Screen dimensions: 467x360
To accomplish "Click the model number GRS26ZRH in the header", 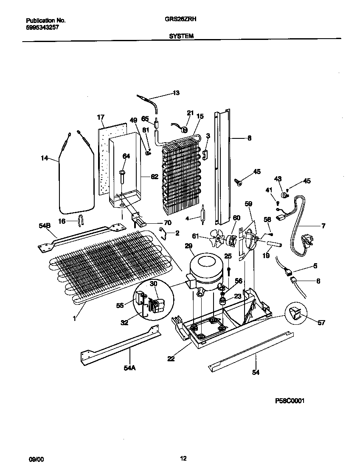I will pyautogui.click(x=180, y=19).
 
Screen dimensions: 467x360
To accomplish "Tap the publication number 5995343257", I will pyautogui.click(x=42, y=27).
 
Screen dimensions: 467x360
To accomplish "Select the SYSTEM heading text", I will pyautogui.click(x=181, y=37).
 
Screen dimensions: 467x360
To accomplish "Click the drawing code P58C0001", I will pyautogui.click(x=290, y=400).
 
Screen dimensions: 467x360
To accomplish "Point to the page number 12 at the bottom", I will pyautogui.click(x=183, y=458).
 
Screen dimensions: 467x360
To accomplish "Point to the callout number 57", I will pyautogui.click(x=321, y=323).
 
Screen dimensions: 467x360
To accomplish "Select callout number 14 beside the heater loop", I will pyautogui.click(x=44, y=158).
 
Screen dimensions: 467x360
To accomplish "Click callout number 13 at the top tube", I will pyautogui.click(x=176, y=93).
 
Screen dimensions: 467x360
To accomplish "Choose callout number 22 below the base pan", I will pyautogui.click(x=171, y=359).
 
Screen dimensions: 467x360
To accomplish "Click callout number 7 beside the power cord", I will pyautogui.click(x=323, y=226).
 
